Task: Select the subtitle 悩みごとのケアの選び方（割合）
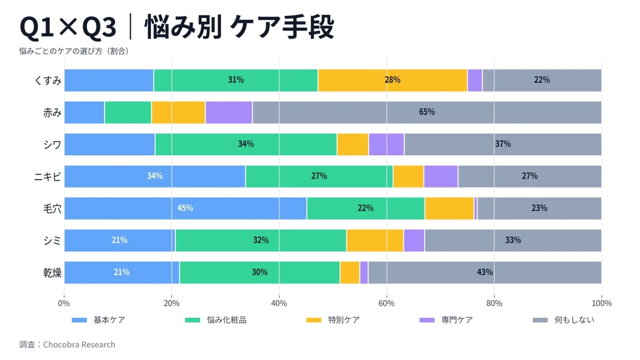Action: (74, 52)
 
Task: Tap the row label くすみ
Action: (48, 81)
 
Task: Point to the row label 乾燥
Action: (52, 273)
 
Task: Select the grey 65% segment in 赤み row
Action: (427, 113)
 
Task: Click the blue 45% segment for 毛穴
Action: (185, 209)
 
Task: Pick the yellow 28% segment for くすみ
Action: (392, 81)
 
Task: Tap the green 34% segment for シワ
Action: (246, 145)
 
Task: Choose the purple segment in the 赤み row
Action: (229, 113)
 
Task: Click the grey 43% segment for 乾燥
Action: (484, 273)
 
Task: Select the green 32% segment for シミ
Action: (261, 241)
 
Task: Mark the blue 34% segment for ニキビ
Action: (155, 177)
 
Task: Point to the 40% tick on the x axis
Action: (279, 303)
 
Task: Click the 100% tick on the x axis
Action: (601, 303)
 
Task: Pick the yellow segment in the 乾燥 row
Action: (350, 273)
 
